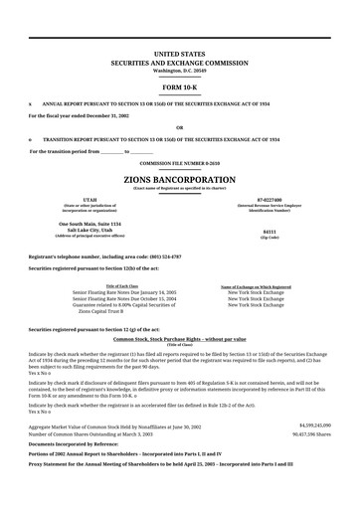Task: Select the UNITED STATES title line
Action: coord(179,48)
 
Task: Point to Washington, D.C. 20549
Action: coord(179,70)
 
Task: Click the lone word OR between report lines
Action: coord(179,127)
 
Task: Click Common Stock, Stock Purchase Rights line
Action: coord(179,339)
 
